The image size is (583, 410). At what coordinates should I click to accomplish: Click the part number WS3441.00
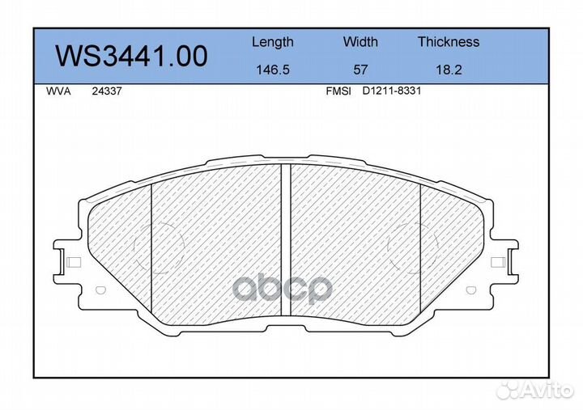point(131,57)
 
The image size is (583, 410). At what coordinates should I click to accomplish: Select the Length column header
point(273,43)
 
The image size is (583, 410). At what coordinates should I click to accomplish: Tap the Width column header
point(360,41)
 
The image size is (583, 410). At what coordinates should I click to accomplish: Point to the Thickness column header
point(449,41)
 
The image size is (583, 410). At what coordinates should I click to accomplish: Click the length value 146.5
point(273,70)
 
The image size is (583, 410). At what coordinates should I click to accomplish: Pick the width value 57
point(360,70)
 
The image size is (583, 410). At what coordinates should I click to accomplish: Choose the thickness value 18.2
point(449,70)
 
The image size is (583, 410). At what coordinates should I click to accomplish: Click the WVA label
point(58,91)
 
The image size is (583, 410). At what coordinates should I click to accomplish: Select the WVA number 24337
point(107,91)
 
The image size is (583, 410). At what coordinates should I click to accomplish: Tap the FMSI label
point(338,91)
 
